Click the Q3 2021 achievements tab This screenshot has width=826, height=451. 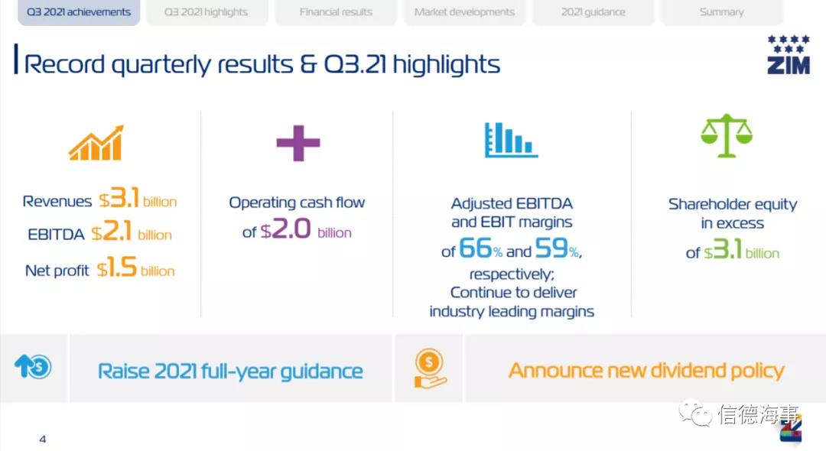click(79, 12)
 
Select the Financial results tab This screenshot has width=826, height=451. click(336, 12)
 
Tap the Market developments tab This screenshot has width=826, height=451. click(464, 12)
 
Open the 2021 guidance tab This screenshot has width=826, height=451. click(593, 12)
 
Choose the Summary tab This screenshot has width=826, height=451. click(722, 12)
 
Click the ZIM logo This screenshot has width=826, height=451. click(788, 55)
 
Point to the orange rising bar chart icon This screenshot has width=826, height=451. click(96, 143)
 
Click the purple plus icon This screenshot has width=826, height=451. click(298, 143)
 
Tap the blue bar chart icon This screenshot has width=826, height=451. click(511, 140)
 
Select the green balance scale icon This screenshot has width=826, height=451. click(727, 136)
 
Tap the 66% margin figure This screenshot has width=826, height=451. click(480, 248)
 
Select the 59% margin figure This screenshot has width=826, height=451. click(557, 248)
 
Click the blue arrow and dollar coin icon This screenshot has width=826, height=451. click(33, 367)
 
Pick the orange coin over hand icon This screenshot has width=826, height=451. click(430, 368)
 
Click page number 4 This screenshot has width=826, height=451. click(43, 439)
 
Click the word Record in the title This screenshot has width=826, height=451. click(64, 65)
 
